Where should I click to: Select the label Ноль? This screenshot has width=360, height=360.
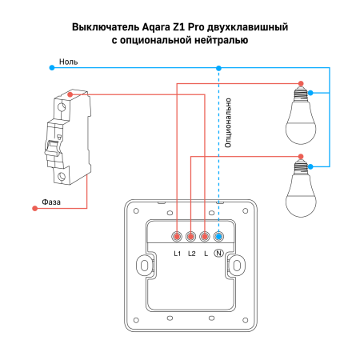[67, 61]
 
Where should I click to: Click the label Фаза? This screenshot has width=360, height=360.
[52, 202]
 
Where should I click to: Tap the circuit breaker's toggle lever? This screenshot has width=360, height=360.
[55, 147]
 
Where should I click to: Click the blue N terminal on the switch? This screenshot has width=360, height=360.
[218, 236]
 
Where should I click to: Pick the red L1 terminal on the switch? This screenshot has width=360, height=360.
[177, 236]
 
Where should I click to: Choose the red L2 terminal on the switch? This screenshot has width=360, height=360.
[190, 236]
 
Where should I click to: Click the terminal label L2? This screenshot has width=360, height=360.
[191, 254]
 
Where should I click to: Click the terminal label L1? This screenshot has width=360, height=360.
[177, 254]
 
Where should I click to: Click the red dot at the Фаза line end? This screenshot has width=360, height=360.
[34, 209]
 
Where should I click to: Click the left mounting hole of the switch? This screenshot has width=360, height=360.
[143, 265]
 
